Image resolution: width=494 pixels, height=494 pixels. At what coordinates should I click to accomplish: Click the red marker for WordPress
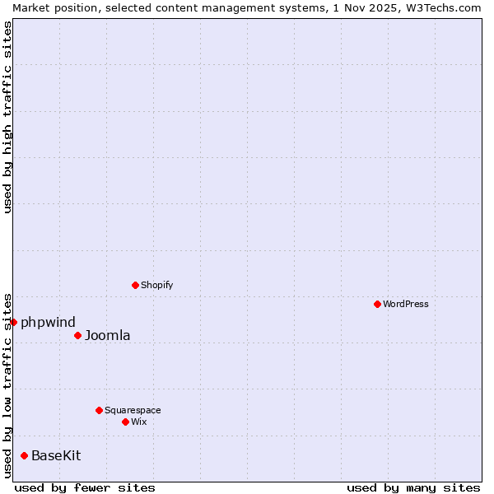click(x=377, y=304)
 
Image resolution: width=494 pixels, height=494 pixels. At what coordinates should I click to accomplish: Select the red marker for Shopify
click(x=135, y=285)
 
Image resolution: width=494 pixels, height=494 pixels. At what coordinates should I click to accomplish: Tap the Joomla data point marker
click(x=77, y=335)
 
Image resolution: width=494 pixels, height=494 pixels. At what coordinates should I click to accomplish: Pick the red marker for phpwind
click(x=13, y=322)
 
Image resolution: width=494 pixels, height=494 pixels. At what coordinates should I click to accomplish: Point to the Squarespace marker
click(x=99, y=410)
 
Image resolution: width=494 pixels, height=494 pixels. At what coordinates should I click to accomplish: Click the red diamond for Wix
click(x=125, y=422)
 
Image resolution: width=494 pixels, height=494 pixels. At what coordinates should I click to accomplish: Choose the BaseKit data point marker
click(x=24, y=455)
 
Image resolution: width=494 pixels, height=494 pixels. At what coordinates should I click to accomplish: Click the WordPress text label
click(x=406, y=304)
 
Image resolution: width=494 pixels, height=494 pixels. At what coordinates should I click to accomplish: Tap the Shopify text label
click(x=156, y=285)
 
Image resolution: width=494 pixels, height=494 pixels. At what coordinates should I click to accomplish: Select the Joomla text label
click(x=107, y=335)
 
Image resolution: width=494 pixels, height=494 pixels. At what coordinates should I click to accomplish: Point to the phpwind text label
click(x=48, y=322)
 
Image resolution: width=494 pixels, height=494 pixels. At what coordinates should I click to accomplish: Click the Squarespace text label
click(x=133, y=410)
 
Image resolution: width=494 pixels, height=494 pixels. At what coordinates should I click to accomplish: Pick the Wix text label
click(x=139, y=422)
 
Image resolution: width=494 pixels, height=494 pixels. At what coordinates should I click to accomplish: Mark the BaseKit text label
click(x=56, y=455)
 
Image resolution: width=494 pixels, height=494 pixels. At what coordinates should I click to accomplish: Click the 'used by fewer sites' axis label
click(x=85, y=487)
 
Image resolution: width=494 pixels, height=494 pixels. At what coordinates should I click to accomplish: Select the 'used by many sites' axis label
click(x=413, y=487)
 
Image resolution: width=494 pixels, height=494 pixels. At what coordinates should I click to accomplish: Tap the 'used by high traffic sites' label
click(x=7, y=117)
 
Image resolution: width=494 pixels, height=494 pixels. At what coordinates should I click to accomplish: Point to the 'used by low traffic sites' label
click(x=7, y=384)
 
